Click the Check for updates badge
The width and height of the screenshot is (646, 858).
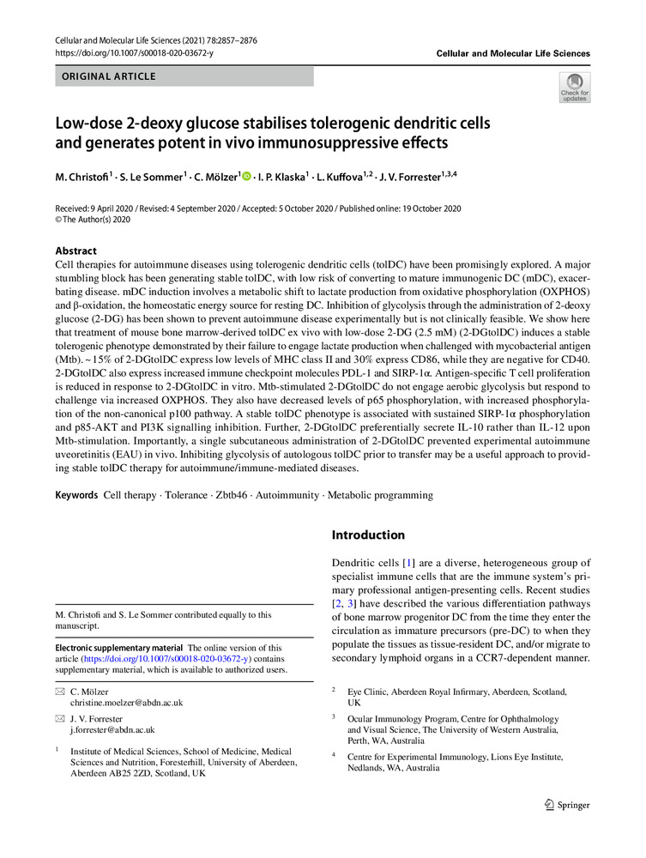(574, 88)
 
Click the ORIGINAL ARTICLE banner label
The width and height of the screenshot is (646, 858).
(106, 76)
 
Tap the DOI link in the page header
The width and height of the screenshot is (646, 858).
(134, 53)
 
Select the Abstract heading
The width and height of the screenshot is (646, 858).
(75, 251)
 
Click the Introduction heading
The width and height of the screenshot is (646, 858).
(368, 535)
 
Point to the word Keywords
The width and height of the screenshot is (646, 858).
(76, 495)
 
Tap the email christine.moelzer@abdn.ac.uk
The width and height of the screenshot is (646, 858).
(127, 703)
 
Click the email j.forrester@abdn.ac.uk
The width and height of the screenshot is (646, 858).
(112, 729)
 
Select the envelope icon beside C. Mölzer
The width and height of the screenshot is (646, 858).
(59, 691)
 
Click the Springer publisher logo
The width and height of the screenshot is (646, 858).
(568, 805)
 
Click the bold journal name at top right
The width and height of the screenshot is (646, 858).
(513, 53)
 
